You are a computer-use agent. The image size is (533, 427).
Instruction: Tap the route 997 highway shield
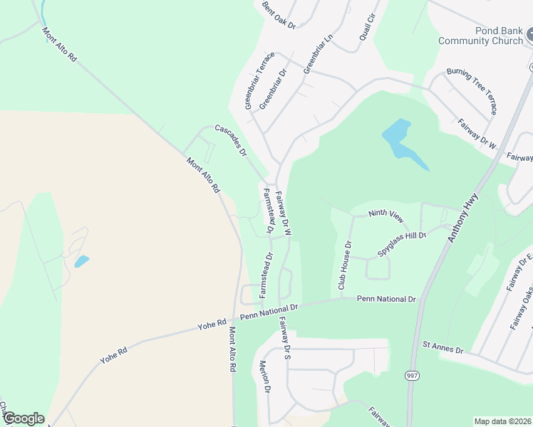413,375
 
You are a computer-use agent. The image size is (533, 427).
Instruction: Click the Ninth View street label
386,213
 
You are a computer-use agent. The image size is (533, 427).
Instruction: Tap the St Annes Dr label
443,348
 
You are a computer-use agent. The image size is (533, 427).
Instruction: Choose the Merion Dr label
264,378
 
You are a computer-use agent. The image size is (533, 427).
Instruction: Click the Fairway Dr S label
286,339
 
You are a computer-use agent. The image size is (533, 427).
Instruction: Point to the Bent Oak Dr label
278,14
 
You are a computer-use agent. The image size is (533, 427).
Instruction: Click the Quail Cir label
366,28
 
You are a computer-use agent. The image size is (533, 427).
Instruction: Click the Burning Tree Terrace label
472,92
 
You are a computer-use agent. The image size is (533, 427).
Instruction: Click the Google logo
24,418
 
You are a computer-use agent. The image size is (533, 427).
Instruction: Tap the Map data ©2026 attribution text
502,421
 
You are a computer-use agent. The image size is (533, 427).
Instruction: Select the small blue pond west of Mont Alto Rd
82,261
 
